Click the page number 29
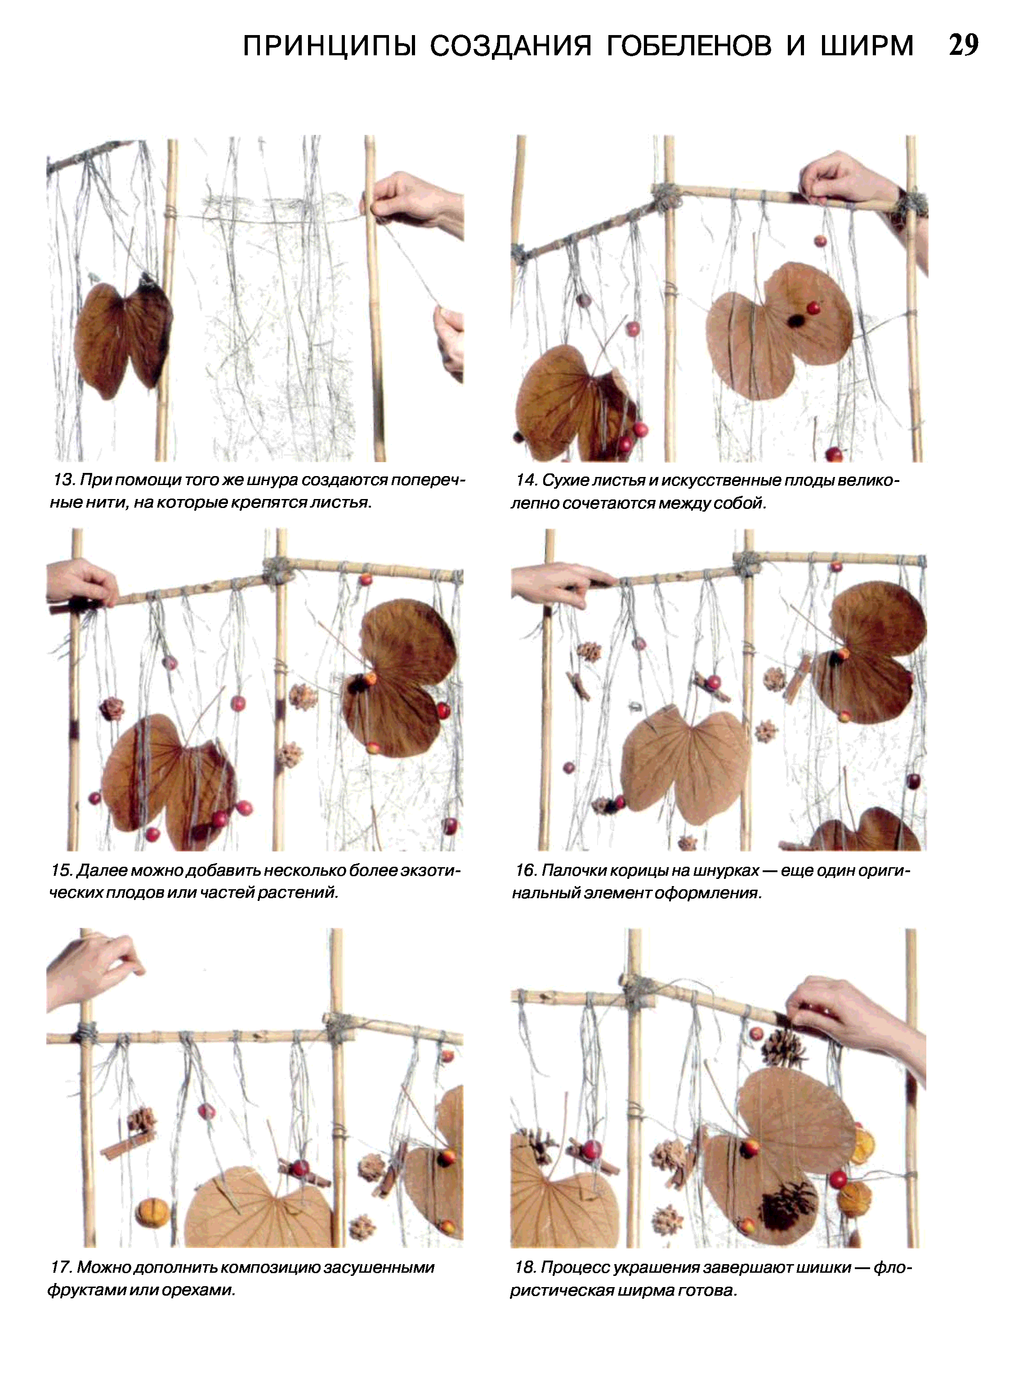tap(964, 45)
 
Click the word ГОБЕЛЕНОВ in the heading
tap(689, 46)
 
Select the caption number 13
tap(63, 480)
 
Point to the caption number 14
tap(526, 480)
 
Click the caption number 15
tap(62, 870)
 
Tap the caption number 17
tap(62, 1267)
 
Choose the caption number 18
tap(525, 1267)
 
